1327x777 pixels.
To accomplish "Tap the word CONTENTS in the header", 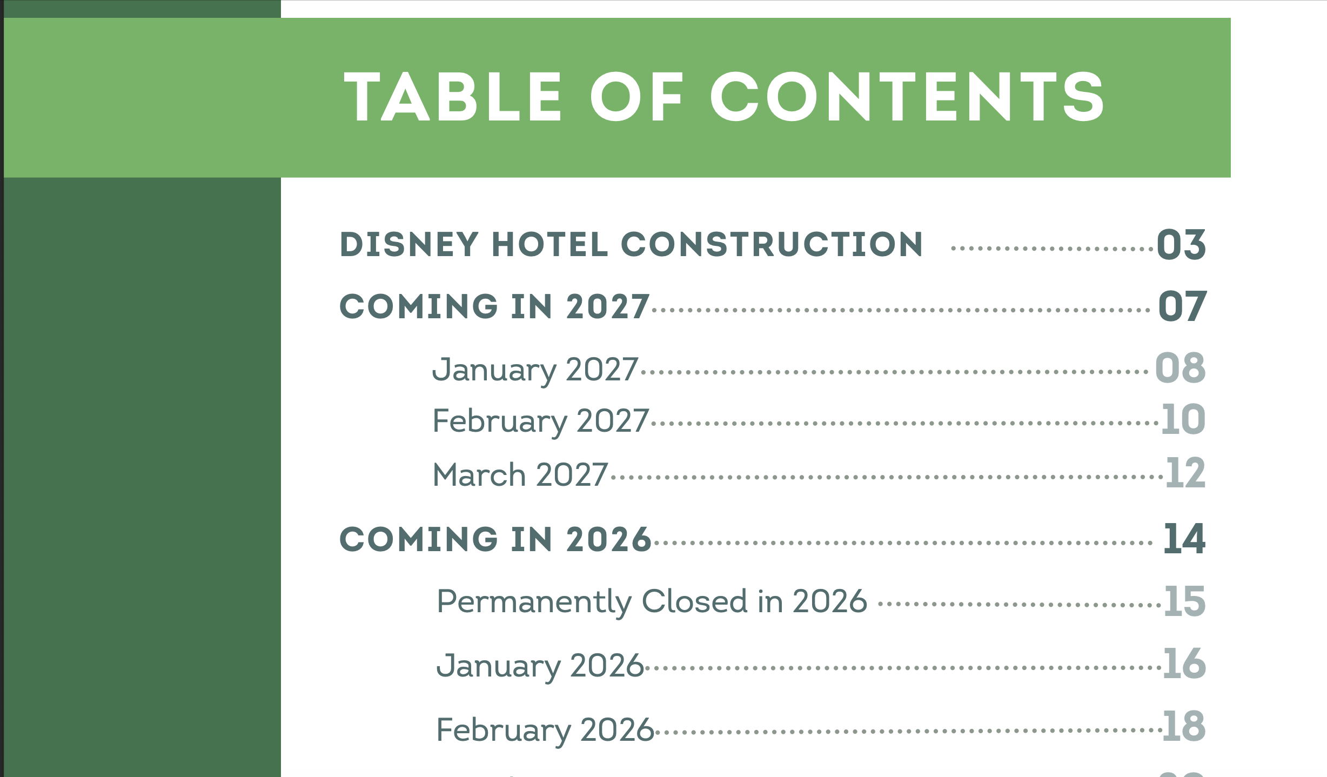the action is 907,97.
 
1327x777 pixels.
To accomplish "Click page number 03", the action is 1181,244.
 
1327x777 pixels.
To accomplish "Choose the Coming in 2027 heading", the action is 494,306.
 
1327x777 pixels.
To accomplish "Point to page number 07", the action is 1182,306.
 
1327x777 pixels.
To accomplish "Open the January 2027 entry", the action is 535,371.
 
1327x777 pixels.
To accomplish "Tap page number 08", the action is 1180,368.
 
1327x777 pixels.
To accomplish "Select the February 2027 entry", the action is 540,422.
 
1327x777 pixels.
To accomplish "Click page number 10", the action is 1183,419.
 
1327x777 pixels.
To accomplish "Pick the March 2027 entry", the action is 520,474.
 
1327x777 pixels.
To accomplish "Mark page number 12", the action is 1185,473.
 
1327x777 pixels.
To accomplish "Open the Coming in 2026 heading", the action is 495,539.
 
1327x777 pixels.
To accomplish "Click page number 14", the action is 1184,539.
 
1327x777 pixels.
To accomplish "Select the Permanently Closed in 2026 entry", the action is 652,602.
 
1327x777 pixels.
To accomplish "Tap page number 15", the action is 1184,601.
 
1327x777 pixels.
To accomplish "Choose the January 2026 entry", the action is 540,666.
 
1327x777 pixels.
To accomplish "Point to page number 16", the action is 1184,664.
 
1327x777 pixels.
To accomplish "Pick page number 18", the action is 1184,726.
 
